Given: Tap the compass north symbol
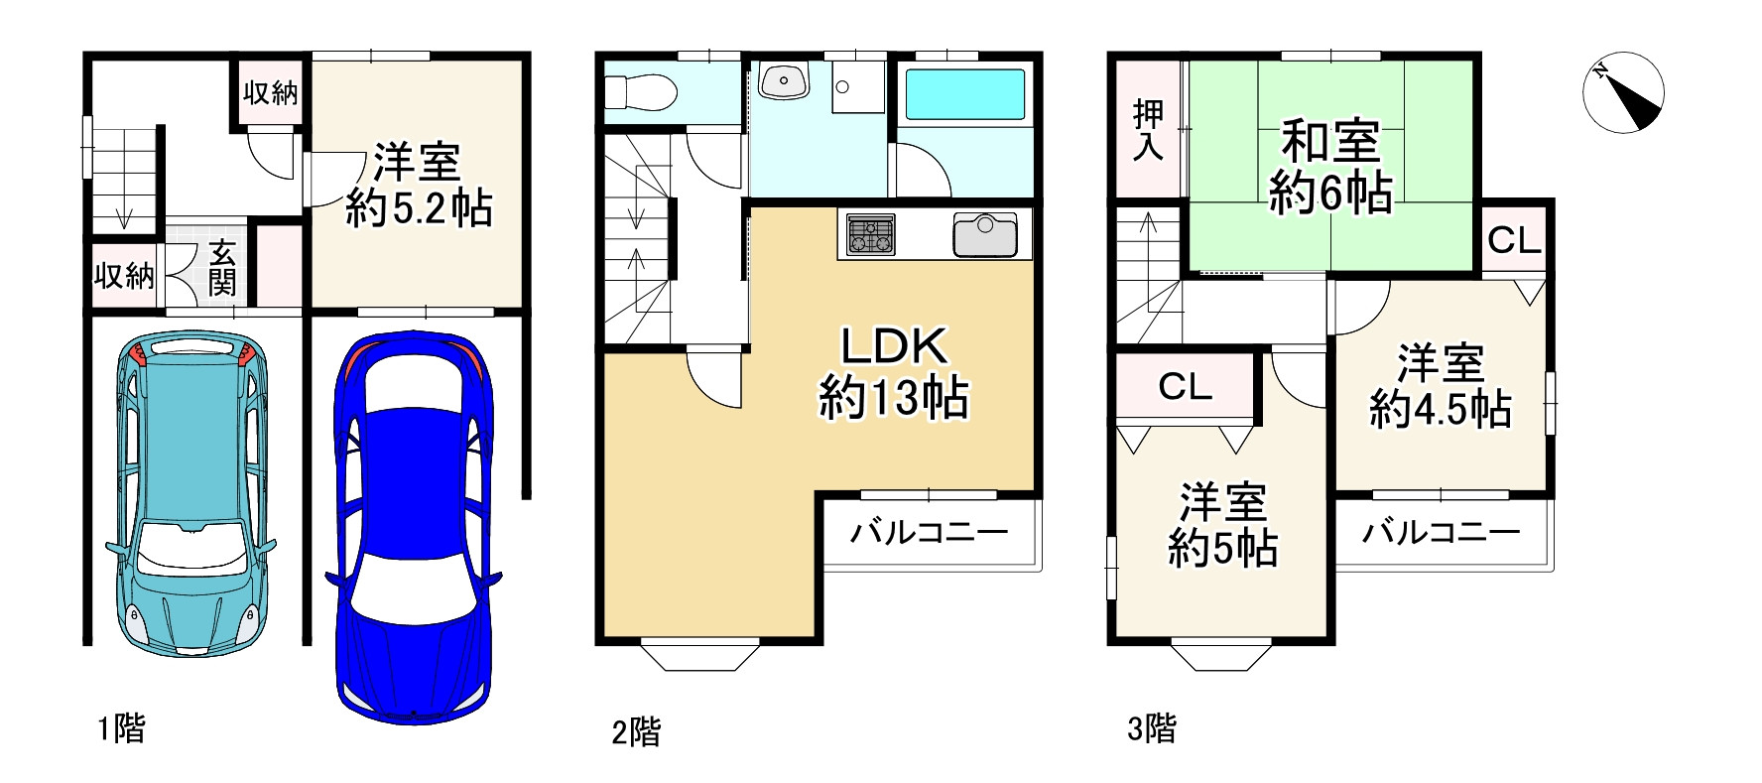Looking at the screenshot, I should pyautogui.click(x=1622, y=90).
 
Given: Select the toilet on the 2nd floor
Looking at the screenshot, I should pyautogui.click(x=641, y=92).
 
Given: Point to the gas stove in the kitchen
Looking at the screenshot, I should pyautogui.click(x=870, y=235).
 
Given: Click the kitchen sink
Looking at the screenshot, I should pyautogui.click(x=984, y=235).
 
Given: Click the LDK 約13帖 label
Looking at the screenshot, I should pyautogui.click(x=893, y=372).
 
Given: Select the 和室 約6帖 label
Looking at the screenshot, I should pyautogui.click(x=1330, y=167).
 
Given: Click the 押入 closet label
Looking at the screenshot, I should pyautogui.click(x=1148, y=130).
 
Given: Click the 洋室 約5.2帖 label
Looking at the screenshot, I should pyautogui.click(x=419, y=186).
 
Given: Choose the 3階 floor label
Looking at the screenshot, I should pyautogui.click(x=1152, y=729).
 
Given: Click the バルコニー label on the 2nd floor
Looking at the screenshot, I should pyautogui.click(x=929, y=533).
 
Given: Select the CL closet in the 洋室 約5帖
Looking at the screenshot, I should pyautogui.click(x=1185, y=386).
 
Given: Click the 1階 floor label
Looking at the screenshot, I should pyautogui.click(x=121, y=729).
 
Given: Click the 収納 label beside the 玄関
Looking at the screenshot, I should pyautogui.click(x=125, y=275).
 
